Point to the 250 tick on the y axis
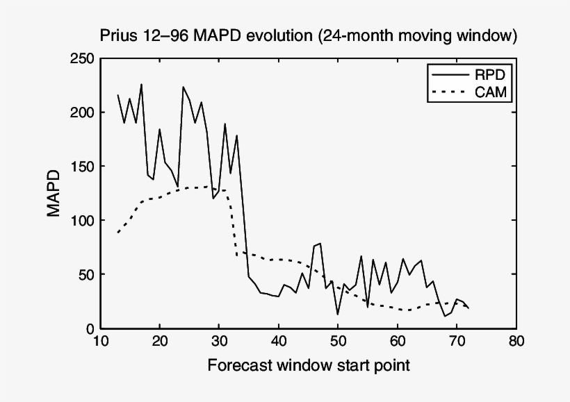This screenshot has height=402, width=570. click(82, 58)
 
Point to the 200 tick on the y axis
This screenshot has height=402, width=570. click(82, 112)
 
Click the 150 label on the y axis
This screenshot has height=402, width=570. click(82, 167)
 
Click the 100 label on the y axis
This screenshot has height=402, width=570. click(82, 221)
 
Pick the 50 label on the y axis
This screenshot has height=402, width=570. click(85, 275)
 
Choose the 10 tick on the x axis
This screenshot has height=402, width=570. click(100, 342)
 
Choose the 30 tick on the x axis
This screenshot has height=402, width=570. click(219, 342)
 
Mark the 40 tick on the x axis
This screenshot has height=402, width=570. click(278, 342)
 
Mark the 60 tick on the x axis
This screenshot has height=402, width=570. click(397, 342)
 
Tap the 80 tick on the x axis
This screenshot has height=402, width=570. click(516, 342)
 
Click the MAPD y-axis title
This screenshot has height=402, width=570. click(54, 194)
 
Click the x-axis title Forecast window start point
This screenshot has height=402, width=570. click(308, 365)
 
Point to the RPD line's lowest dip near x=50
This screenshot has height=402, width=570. click(338, 315)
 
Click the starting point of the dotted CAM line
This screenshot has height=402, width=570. click(118, 233)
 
